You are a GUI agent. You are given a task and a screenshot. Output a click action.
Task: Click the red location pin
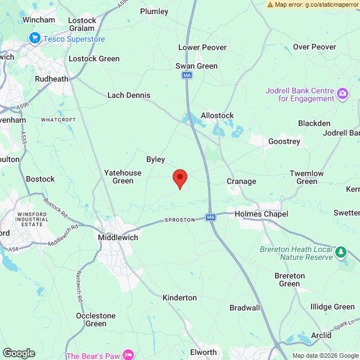coord(179,178)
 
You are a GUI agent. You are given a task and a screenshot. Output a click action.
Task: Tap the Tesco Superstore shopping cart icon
coord(35,38)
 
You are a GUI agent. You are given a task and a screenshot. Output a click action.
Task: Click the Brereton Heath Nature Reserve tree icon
coord(341,252)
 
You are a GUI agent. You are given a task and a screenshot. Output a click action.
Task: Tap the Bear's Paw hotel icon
coord(129,355)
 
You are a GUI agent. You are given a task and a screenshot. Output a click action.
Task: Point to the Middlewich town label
coord(118,237)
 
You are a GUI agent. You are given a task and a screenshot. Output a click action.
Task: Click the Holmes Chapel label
coord(261,214)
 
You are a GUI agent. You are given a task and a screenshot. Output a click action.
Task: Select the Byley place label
coord(156,160)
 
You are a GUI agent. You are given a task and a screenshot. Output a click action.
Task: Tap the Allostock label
coord(217,115)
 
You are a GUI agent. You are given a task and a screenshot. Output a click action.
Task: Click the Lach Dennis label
coord(129,96)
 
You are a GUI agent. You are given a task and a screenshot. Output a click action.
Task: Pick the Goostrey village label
coord(284,141)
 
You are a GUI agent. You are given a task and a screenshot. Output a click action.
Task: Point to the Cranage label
coord(241,181)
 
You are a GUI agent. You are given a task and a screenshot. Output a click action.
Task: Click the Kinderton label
coord(180,298)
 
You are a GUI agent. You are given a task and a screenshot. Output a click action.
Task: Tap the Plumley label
coord(154,11)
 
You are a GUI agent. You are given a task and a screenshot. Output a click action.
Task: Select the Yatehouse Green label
coord(123,177)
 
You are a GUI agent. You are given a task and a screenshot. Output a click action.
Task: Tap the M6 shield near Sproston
coord(210,217)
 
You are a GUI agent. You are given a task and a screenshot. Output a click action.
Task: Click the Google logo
coord(19,353)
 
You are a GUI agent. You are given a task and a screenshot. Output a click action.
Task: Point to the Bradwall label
coord(245,308)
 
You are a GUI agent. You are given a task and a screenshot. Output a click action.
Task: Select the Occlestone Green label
coord(96,319)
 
